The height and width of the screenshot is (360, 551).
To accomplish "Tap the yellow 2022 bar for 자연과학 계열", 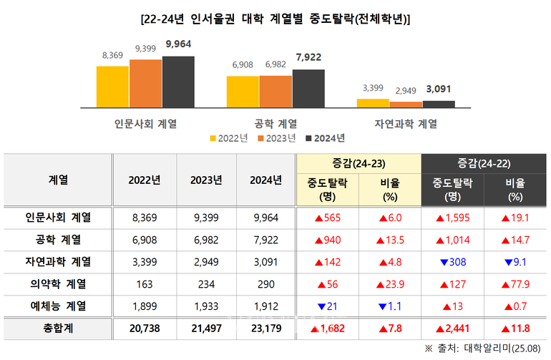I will (373, 102).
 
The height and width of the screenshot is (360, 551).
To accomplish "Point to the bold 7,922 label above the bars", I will (309, 58).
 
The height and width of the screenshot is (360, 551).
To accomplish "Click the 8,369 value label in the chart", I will (112, 55).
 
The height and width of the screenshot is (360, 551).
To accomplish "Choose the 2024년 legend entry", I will (326, 137).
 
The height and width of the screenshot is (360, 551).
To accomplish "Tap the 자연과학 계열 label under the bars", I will (405, 123).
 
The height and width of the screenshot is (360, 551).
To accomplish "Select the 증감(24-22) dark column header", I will (474, 164).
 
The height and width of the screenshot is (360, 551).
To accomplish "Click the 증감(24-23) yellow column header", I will (351, 164).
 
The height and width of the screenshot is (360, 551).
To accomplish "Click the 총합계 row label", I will (57, 328).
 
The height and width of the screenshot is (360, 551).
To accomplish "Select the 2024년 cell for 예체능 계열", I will (263, 306).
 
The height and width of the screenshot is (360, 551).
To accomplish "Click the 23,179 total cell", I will (263, 328).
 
